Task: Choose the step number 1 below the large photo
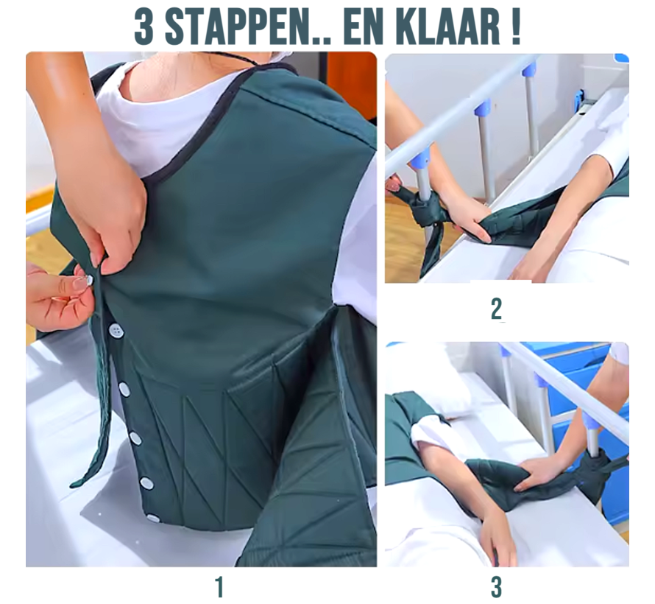(x=219, y=587)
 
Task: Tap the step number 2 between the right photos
(x=497, y=309)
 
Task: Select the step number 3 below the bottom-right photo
(x=497, y=587)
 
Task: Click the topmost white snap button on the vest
(x=116, y=330)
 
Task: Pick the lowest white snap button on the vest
(x=153, y=518)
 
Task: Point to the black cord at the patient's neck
(x=243, y=59)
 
